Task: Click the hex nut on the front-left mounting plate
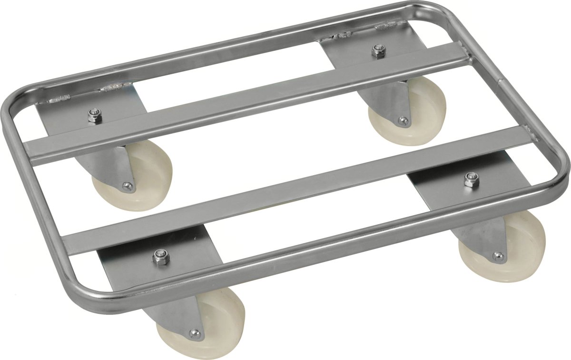click(159, 258)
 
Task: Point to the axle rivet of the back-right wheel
click(403, 121)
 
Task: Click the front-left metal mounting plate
click(143, 267)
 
